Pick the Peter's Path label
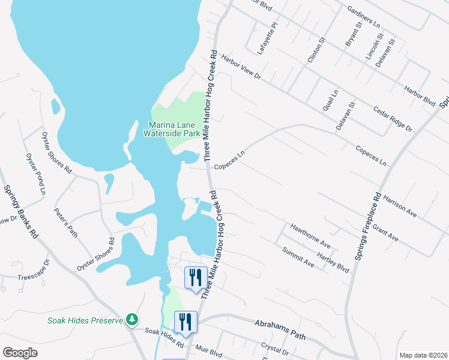(65, 223)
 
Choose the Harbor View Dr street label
(241, 67)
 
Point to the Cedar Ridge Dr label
(393, 119)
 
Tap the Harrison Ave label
(399, 205)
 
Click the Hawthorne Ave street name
(310, 236)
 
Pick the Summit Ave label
(298, 258)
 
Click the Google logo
(20, 353)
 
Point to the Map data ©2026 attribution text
(423, 355)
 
